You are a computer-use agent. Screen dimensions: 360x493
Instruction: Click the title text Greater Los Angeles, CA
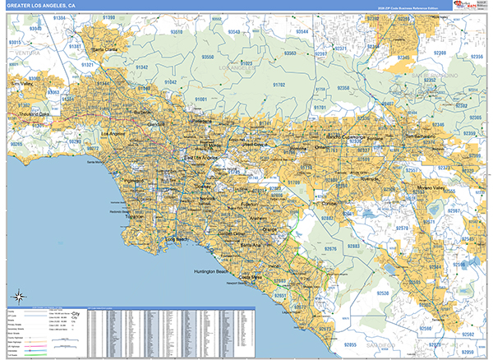point(41,6)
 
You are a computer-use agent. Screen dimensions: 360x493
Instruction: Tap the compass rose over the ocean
point(19,297)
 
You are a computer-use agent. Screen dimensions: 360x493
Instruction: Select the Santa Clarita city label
point(105,49)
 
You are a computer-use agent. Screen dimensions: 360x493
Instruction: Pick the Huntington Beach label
point(214,271)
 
